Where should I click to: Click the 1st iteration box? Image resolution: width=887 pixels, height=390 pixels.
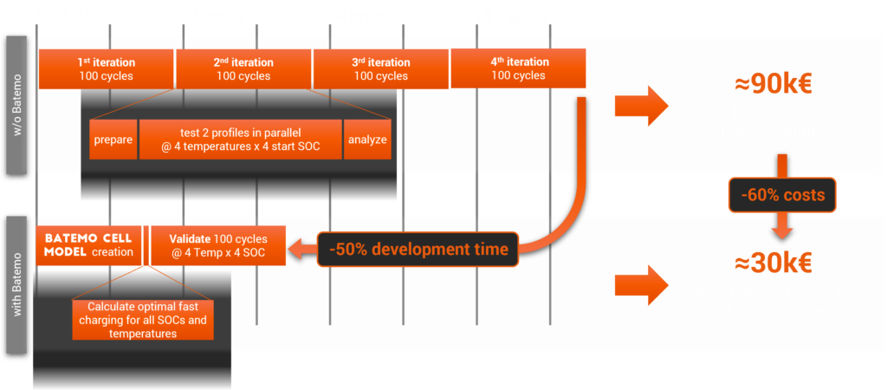[x=107, y=68]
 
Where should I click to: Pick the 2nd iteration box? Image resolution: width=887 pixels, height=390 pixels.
[x=243, y=68]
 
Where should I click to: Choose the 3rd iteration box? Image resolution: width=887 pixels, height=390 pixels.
[x=380, y=68]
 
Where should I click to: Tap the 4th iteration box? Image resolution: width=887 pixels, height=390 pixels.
[x=518, y=68]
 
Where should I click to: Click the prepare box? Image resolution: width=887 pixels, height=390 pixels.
[x=113, y=140]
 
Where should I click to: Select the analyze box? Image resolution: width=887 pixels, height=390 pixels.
[x=367, y=140]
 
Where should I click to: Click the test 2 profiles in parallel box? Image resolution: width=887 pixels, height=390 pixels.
[x=239, y=140]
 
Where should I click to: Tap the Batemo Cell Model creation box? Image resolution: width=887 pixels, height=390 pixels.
[x=89, y=245]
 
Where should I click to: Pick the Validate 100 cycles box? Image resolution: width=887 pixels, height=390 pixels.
[x=217, y=245]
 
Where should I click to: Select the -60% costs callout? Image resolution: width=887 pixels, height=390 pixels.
[x=782, y=196]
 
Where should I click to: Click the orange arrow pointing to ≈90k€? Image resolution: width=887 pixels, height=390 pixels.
[x=641, y=106]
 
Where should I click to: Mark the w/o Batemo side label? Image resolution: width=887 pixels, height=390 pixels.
[x=19, y=106]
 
